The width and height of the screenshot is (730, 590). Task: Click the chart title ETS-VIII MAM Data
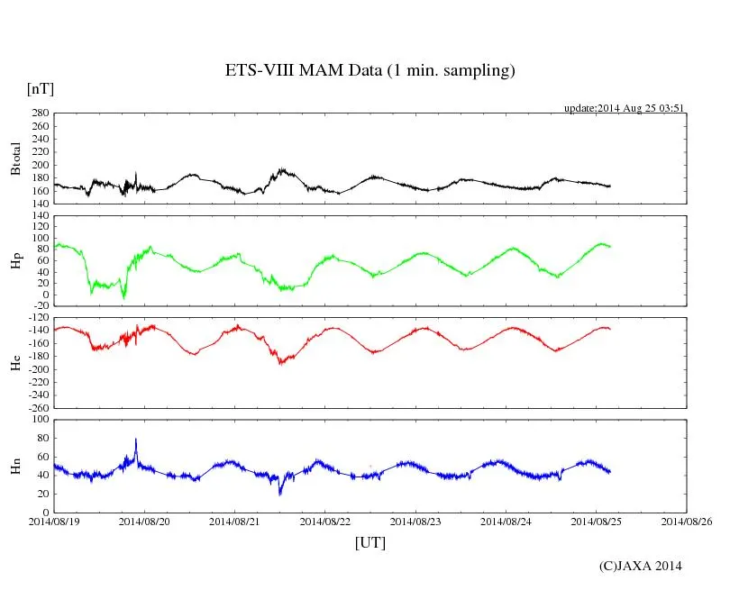(x=370, y=71)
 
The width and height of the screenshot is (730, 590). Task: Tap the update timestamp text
(x=625, y=108)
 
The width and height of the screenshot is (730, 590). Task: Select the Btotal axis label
(x=16, y=158)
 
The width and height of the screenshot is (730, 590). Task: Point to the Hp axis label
(x=16, y=261)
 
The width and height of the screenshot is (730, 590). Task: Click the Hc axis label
(x=16, y=362)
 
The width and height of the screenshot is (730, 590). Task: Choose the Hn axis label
(x=16, y=466)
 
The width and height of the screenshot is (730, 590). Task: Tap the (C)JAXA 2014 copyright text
(x=640, y=566)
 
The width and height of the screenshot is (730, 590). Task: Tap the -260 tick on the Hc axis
(x=38, y=407)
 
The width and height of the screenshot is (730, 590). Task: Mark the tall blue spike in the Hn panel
(x=136, y=440)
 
